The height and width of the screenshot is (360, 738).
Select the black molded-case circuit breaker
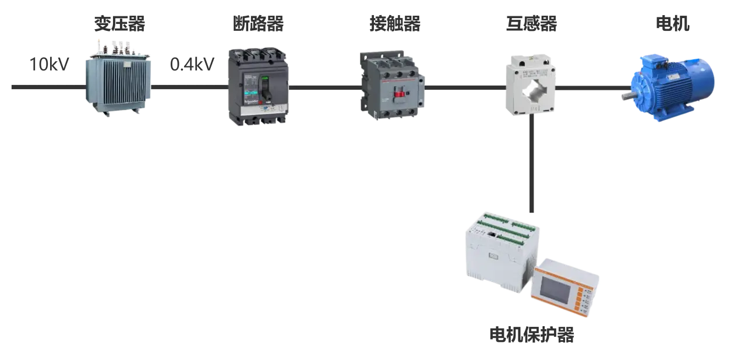coord(257,86)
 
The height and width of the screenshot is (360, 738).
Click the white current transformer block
coord(529,82)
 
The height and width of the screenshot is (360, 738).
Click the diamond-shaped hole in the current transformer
coord(531,90)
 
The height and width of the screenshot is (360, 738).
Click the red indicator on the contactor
coord(400,94)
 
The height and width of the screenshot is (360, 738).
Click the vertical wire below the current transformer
coord(531,163)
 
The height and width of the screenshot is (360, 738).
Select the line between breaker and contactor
coord(324,88)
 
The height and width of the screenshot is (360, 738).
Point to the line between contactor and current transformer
coord(465,88)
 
